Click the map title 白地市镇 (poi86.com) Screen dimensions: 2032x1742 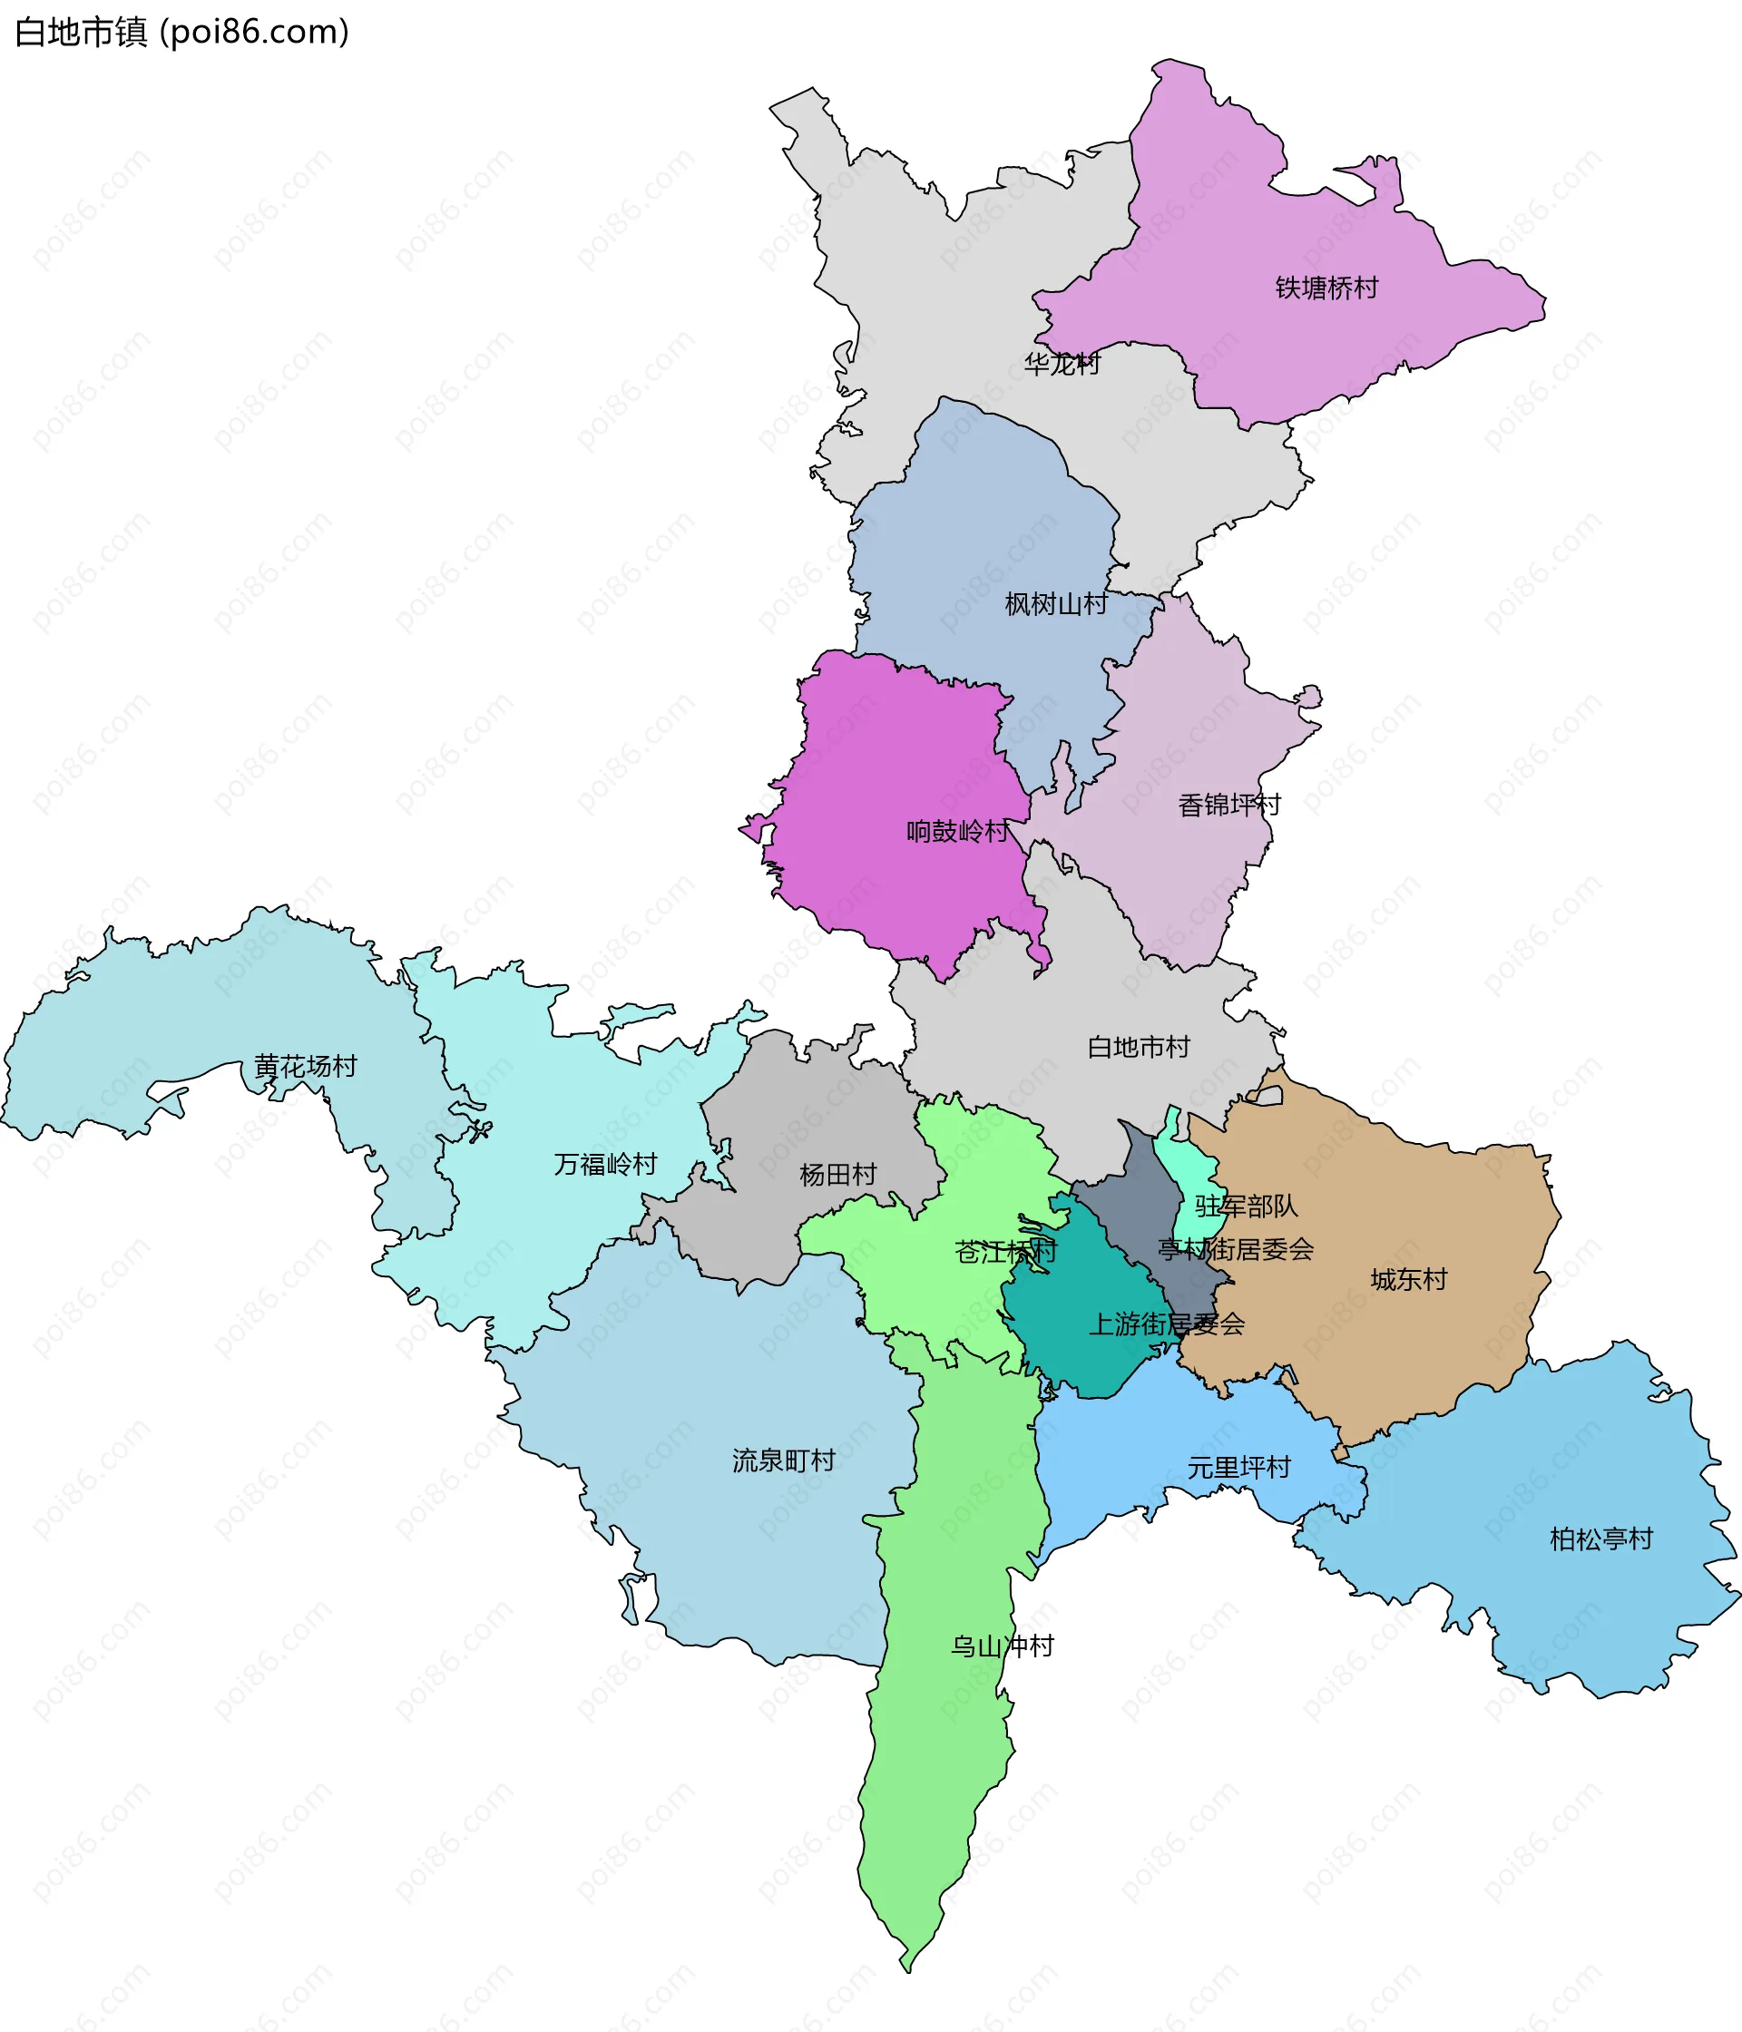pos(182,33)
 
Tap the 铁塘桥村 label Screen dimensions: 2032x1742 pos(1326,288)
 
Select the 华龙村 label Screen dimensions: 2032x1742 pos(1062,364)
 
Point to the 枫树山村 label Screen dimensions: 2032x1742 pos(1055,604)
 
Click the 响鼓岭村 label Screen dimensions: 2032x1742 pos(957,832)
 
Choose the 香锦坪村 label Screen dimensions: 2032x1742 pos(1229,806)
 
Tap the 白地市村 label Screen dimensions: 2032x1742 pos(1138,1048)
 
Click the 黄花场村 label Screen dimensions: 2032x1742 pos(305,1066)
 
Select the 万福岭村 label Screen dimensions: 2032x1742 pos(605,1164)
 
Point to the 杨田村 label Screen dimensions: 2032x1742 pos(837,1174)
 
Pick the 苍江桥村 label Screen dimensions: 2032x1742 pos(1005,1253)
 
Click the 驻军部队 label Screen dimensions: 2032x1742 pos(1246,1206)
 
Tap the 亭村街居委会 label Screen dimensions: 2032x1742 pos(1235,1249)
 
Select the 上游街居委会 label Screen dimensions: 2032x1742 pos(1166,1325)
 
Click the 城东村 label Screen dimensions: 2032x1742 pos(1408,1280)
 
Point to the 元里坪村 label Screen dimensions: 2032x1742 pos(1238,1468)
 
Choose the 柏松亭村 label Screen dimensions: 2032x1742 pos(1600,1539)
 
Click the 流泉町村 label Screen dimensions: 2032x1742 pos(784,1460)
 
